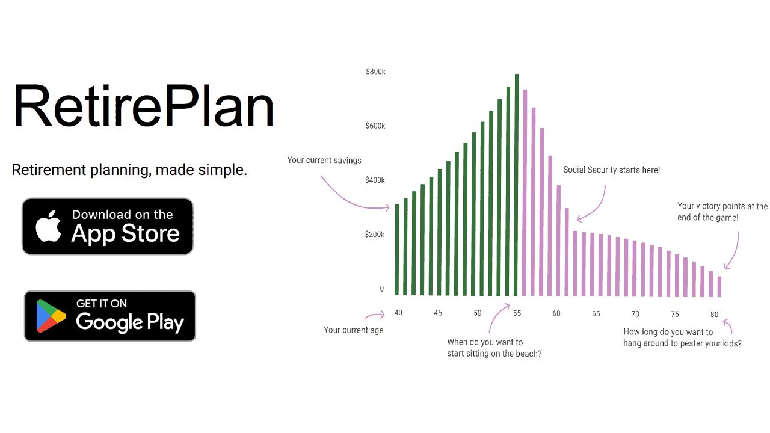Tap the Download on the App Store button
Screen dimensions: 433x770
[108, 226]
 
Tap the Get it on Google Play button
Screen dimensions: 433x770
[110, 316]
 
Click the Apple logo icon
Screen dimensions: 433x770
[49, 226]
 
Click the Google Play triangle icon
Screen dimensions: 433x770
[51, 316]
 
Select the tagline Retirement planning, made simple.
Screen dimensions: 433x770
[129, 170]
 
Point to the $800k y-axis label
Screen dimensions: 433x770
[375, 72]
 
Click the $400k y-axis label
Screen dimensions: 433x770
[375, 180]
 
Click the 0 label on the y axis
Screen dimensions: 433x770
[381, 289]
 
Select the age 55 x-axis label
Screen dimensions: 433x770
[517, 313]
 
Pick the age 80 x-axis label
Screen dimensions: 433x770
[714, 314]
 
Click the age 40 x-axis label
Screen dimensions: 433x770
[398, 313]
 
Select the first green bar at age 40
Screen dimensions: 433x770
[397, 250]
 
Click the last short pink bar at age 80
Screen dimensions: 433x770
[719, 286]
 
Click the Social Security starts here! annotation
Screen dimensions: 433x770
[611, 170]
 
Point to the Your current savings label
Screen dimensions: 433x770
[324, 160]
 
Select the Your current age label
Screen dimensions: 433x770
[353, 330]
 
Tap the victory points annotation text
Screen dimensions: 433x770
[722, 212]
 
